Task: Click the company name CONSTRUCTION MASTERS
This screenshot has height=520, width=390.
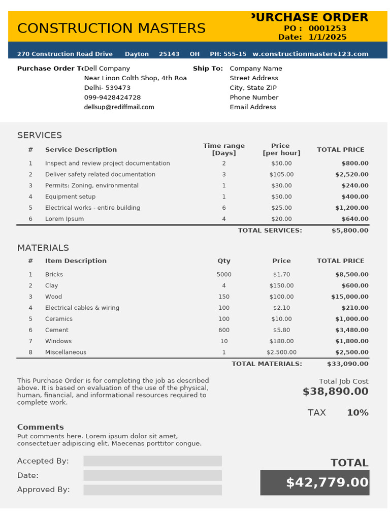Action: (x=111, y=28)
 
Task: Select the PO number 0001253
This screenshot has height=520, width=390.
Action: (x=327, y=28)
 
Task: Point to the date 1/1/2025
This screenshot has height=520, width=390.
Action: (x=328, y=37)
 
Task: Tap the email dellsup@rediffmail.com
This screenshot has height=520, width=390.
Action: (x=119, y=107)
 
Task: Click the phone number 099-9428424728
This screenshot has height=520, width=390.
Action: (x=112, y=97)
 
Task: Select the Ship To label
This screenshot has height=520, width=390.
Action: (x=208, y=69)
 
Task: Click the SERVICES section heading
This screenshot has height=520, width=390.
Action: (x=40, y=135)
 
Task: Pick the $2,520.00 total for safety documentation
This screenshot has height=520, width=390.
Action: (x=351, y=175)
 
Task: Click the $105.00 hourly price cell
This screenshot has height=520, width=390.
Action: (x=281, y=175)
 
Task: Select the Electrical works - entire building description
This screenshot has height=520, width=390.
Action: (x=92, y=208)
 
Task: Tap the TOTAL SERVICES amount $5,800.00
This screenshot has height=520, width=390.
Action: (x=350, y=231)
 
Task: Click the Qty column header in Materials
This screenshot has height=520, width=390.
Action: (x=224, y=261)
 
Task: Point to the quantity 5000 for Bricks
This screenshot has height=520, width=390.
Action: (x=224, y=275)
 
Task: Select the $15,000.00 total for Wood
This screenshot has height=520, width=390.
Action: (x=350, y=297)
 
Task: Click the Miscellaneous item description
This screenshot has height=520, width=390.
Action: (x=66, y=352)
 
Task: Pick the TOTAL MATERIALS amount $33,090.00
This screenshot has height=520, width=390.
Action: (x=348, y=364)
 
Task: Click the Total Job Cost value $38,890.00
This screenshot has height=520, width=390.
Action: (x=336, y=392)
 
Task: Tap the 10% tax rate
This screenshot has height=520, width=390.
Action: (x=357, y=413)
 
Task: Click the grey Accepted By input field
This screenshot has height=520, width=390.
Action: (x=152, y=461)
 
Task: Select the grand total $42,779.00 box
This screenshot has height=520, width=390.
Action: (x=315, y=483)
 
